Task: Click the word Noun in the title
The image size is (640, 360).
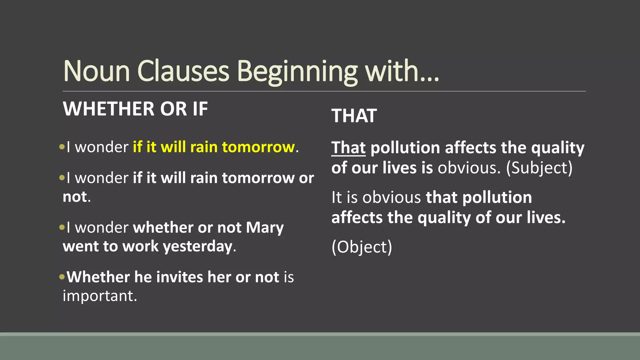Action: point(97,71)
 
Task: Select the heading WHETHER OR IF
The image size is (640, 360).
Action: point(135,109)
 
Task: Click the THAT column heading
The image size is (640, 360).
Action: point(354,116)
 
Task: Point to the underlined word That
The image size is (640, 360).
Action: point(348,147)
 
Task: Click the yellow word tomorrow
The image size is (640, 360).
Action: point(258,147)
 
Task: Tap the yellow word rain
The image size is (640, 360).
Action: point(204,147)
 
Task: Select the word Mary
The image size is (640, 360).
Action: point(265,228)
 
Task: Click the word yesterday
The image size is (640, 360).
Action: point(198,247)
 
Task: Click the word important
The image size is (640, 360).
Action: point(99,296)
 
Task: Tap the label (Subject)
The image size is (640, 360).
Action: point(539,168)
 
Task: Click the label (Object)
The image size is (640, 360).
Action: point(362,247)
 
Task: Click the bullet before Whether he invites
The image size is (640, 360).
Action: point(62,277)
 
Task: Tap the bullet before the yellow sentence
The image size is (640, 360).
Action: point(62,146)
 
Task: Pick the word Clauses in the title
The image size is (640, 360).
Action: point(183,71)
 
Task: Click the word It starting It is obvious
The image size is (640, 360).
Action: point(337,197)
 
